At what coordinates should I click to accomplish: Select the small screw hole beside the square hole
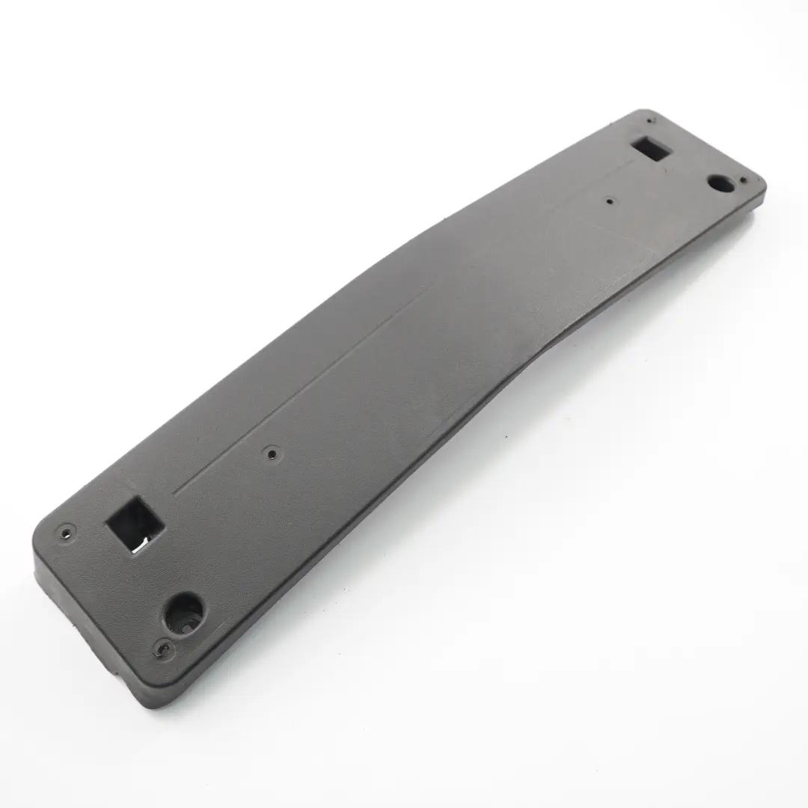pos(67,533)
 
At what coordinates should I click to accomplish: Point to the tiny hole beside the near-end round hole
pos(162,646)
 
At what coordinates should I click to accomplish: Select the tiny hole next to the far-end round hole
pos(743,180)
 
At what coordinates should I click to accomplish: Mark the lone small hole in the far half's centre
pos(610,201)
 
